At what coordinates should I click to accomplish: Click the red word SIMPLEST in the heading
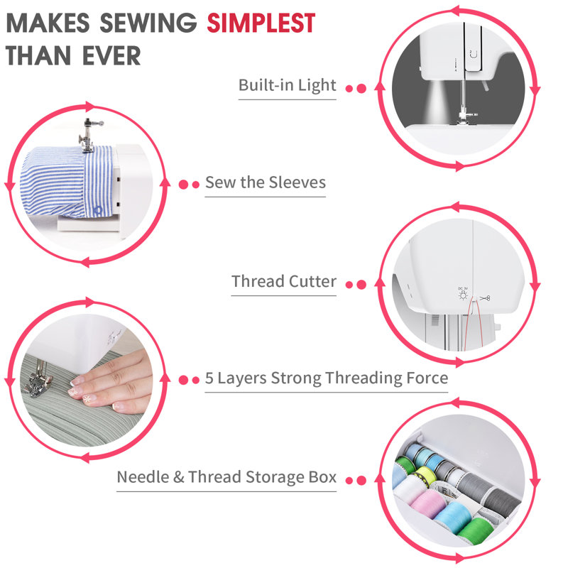[x=261, y=23]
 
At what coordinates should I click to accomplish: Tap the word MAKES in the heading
[x=47, y=23]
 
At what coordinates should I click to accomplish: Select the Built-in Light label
[x=287, y=85]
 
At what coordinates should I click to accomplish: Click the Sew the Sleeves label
[x=266, y=182]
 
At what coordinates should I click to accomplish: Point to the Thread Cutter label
[x=284, y=281]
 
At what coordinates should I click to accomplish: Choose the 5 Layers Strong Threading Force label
[x=327, y=378]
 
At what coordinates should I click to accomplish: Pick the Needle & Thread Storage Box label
[x=226, y=477]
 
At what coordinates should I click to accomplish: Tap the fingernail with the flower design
[x=84, y=390]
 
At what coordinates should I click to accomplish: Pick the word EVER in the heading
[x=110, y=55]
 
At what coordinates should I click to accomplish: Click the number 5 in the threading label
[x=209, y=378]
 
